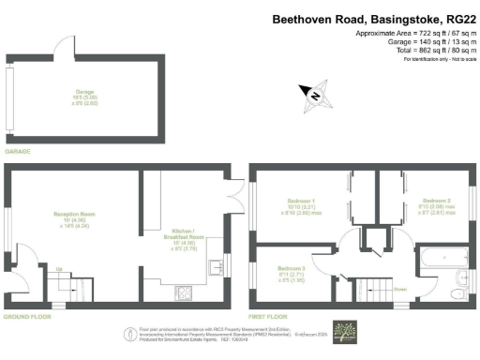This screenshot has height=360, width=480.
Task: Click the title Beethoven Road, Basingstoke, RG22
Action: (x=374, y=18)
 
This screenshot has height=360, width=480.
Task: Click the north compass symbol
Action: (x=314, y=93)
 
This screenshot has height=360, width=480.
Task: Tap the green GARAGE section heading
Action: (x=18, y=150)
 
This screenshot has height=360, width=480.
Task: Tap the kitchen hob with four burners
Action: (x=184, y=292)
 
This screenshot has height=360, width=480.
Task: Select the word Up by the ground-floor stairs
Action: (x=61, y=269)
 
